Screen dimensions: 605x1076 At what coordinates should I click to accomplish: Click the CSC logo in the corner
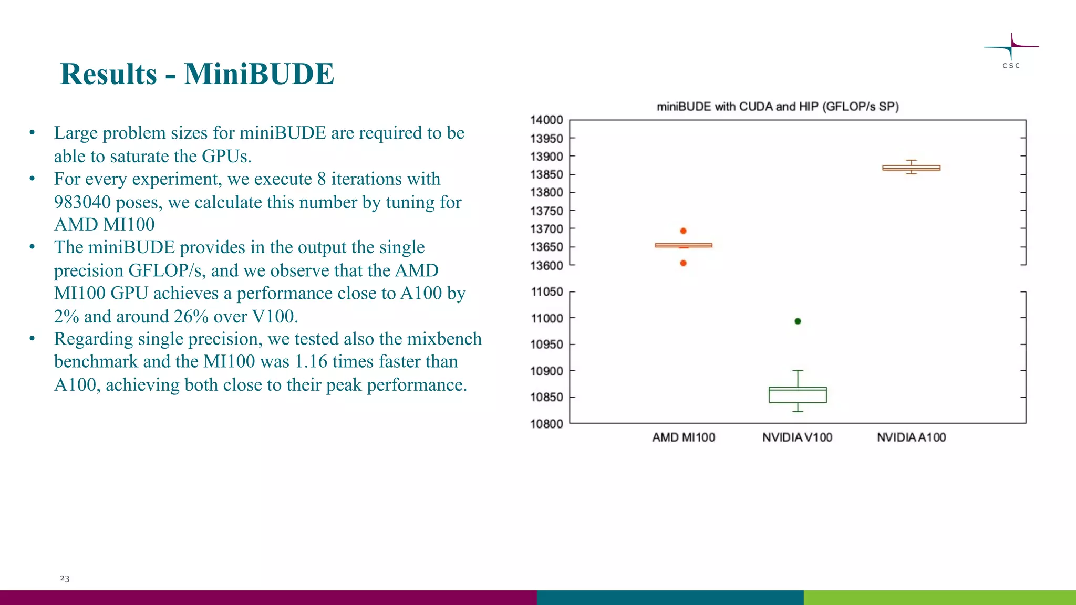1011,50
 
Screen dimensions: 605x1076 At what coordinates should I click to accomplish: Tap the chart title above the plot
778,107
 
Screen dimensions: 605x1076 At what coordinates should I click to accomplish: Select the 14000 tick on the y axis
546,120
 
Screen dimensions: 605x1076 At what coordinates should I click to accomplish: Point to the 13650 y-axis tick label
546,247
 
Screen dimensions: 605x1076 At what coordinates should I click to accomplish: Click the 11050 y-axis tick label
546,291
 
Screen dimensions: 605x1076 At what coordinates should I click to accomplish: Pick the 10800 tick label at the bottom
546,424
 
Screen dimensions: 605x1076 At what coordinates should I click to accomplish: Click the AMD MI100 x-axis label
684,437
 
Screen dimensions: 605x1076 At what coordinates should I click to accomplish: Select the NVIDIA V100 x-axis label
797,437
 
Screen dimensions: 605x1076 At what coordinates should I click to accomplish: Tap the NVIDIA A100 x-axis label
911,437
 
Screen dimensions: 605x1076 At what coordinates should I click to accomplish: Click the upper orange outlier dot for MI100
683,231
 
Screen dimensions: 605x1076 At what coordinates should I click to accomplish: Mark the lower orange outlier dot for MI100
683,263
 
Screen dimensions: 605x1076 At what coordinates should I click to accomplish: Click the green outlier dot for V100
798,321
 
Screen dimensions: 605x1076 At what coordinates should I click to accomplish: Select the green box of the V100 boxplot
798,395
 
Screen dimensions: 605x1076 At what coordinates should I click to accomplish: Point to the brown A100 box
911,168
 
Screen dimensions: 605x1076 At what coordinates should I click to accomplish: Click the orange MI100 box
684,245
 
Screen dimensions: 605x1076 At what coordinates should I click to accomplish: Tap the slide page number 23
65,578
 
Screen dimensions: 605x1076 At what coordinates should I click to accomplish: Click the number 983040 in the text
82,202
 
